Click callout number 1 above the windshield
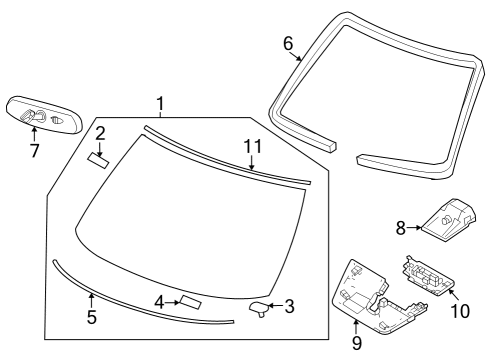(x=160, y=103)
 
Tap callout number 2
(x=100, y=132)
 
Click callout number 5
(x=91, y=319)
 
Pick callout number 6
(x=288, y=43)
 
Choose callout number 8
(x=401, y=228)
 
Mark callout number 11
(x=253, y=147)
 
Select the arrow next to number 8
(x=413, y=228)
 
